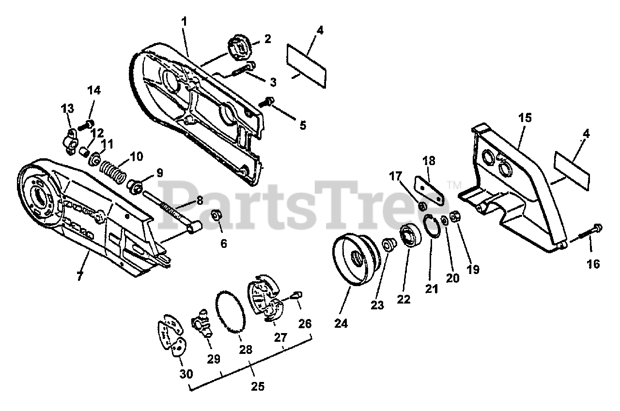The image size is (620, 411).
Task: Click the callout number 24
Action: (341, 323)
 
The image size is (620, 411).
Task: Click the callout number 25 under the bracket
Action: (258, 386)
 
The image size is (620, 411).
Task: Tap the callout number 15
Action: (525, 118)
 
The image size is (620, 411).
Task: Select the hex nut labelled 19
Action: (455, 216)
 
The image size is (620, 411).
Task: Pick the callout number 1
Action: (184, 22)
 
